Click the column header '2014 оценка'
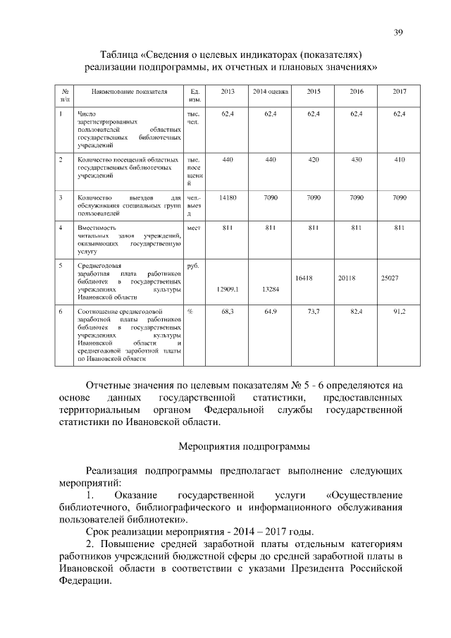pyautogui.click(x=271, y=92)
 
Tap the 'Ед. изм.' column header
pyautogui.click(x=195, y=97)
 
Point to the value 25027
pyautogui.click(x=390, y=278)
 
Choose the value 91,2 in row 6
pyautogui.click(x=399, y=311)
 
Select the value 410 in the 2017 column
pyautogui.click(x=400, y=160)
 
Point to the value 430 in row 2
pyautogui.click(x=357, y=160)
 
